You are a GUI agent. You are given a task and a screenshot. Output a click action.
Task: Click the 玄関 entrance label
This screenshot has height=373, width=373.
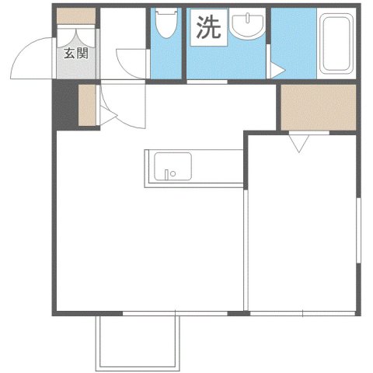point(75,54)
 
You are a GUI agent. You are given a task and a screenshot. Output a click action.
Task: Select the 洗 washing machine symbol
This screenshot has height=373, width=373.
point(207,29)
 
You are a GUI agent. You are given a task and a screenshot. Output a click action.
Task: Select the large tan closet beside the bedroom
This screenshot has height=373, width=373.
point(317,107)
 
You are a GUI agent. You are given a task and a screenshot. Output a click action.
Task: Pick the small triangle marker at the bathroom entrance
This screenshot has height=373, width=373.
point(274,71)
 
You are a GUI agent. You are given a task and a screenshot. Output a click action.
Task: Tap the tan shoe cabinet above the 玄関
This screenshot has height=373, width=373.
point(75,15)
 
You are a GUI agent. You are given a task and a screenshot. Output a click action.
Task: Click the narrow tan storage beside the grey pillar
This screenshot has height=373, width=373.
point(87,107)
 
